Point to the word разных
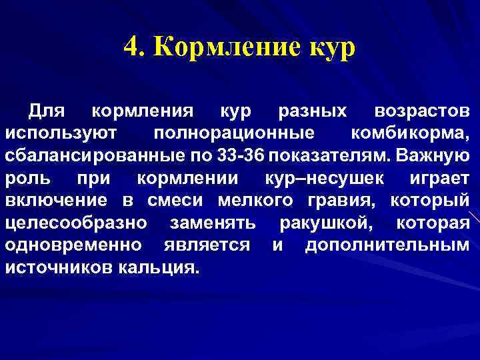tap(313, 111)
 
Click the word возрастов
tap(422, 111)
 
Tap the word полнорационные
tap(234, 133)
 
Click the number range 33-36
tap(241, 155)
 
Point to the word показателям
tap(328, 155)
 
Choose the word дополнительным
tap(387, 245)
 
